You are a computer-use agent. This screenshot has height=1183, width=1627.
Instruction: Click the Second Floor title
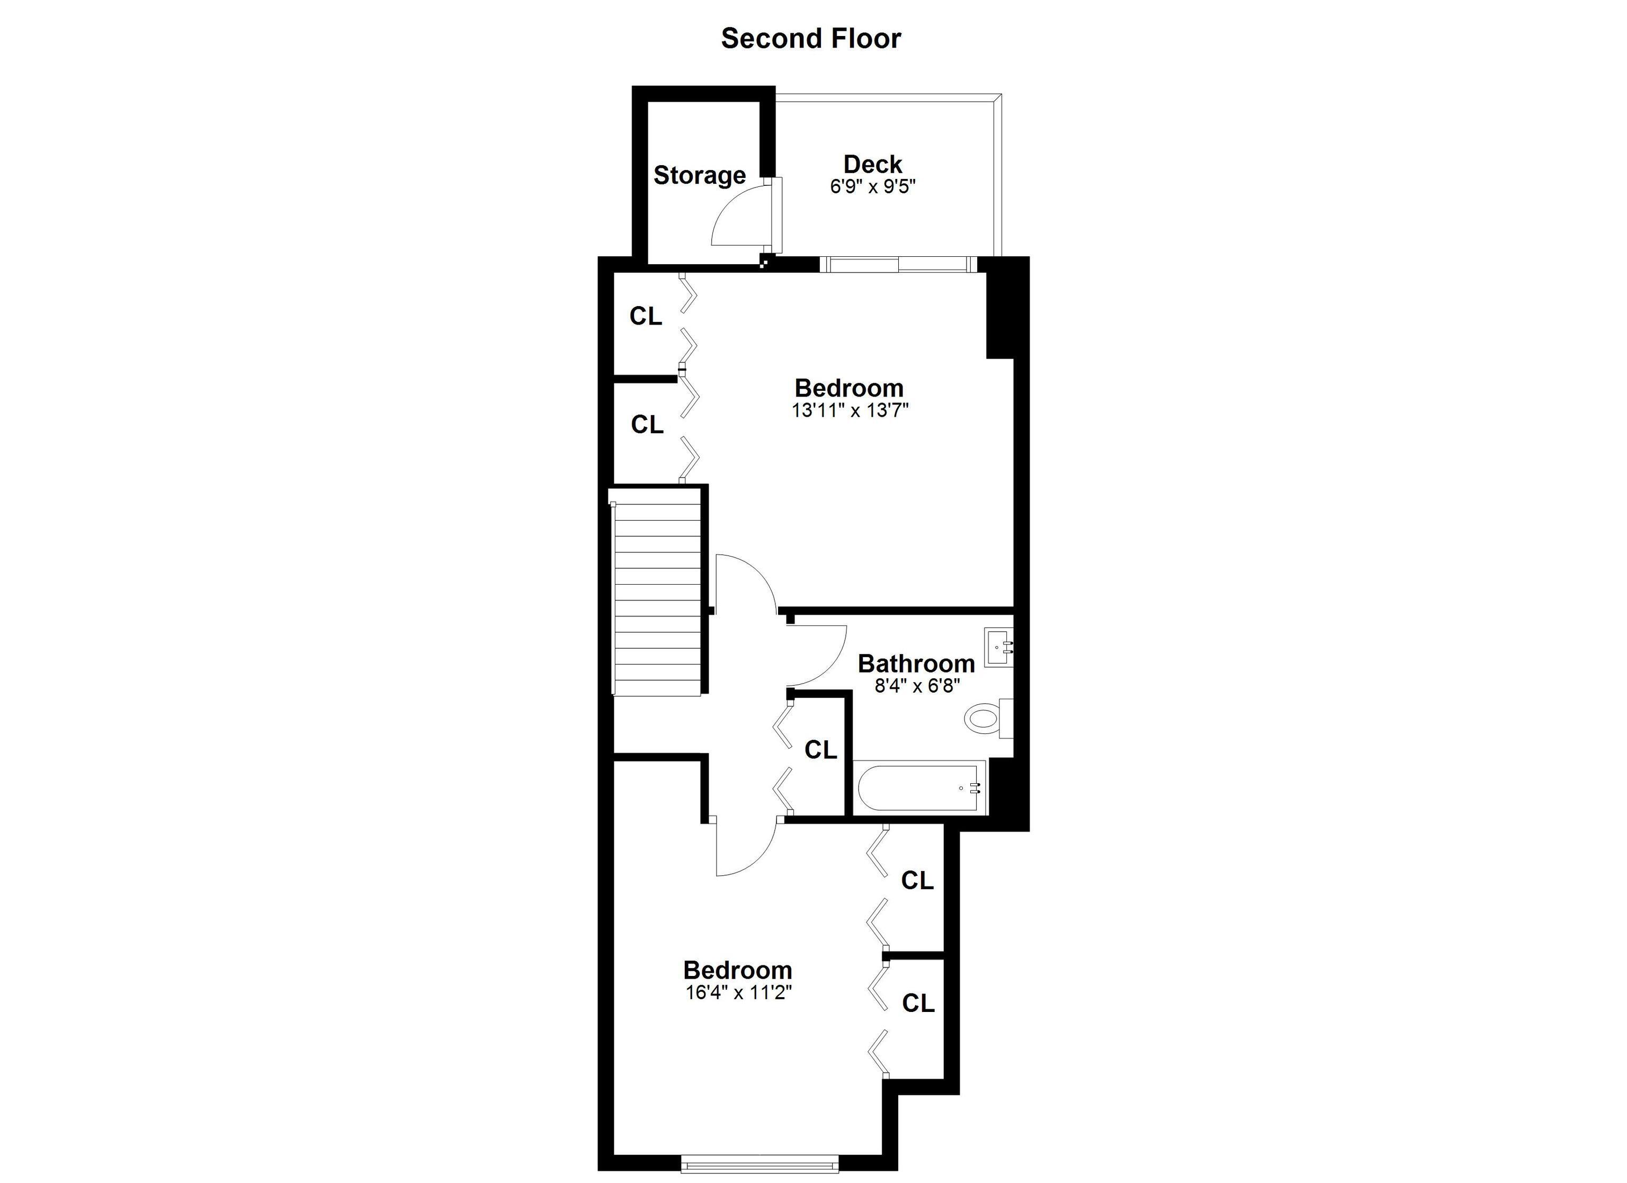[811, 39]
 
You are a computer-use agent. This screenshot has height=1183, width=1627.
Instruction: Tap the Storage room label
[700, 175]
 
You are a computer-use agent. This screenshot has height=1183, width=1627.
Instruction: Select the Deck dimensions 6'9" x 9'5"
[873, 186]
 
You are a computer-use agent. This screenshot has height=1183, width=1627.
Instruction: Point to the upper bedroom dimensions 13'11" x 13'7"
[850, 410]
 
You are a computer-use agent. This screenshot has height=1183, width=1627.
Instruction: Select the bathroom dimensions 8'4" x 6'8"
[917, 686]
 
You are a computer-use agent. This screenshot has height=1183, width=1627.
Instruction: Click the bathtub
[921, 788]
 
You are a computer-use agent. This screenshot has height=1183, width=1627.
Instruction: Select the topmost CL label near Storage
[646, 316]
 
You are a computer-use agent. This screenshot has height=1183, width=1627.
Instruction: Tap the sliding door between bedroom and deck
[898, 265]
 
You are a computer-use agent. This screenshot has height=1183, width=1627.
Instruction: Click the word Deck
[872, 164]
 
